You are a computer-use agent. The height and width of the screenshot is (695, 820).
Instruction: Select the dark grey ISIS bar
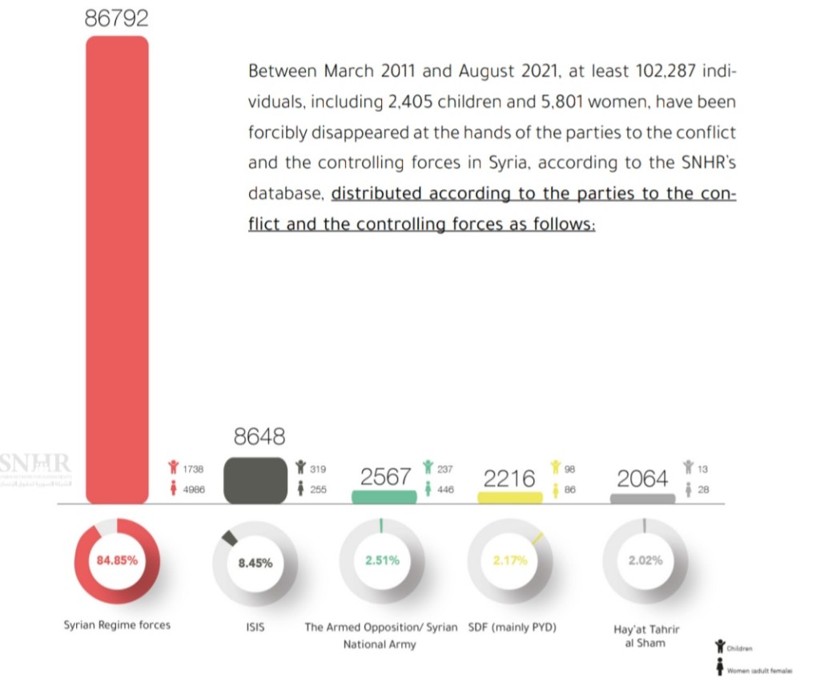coord(255,480)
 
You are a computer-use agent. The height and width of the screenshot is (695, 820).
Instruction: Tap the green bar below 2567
coord(384,497)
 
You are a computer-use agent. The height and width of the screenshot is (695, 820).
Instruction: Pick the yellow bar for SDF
coord(509,498)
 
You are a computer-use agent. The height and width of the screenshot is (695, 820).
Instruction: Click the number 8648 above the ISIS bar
coord(259,437)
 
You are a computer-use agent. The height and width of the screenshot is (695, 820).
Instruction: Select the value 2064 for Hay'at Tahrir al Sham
coord(642,479)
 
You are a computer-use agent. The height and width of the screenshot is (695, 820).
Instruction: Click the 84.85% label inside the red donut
coord(117,560)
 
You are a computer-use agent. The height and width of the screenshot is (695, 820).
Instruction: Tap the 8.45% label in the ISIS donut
coord(255,563)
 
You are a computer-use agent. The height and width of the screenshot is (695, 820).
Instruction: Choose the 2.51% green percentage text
coord(382,560)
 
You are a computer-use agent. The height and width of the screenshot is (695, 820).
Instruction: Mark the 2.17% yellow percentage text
coord(510,560)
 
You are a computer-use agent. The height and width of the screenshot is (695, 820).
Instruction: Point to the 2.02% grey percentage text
coord(645,560)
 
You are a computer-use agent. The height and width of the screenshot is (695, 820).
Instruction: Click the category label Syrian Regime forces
coord(117,624)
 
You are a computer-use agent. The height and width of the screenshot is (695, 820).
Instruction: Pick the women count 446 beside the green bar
coord(444,488)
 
